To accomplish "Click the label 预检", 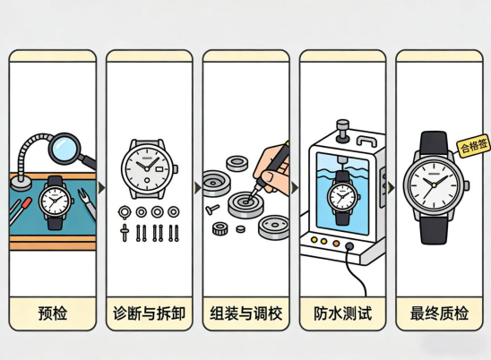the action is pyautogui.click(x=53, y=313).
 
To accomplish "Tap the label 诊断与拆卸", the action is pyautogui.click(x=149, y=313).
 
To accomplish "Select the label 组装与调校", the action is pyautogui.click(x=245, y=313).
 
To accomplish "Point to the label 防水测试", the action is pyautogui.click(x=342, y=313).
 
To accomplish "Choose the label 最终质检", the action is pyautogui.click(x=439, y=313).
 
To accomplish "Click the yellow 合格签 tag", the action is pyautogui.click(x=473, y=146).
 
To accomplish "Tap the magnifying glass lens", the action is pyautogui.click(x=65, y=147).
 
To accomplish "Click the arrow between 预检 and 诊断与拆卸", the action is pyautogui.click(x=101, y=188).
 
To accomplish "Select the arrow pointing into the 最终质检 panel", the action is pyautogui.click(x=391, y=188).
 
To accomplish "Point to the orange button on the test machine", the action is pyautogui.click(x=336, y=244).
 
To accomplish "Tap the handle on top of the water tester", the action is pyautogui.click(x=367, y=141).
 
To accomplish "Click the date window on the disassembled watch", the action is pyautogui.click(x=159, y=169).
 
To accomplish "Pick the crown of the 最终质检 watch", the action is pyautogui.click(x=467, y=185).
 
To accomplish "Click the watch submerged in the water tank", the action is pyautogui.click(x=343, y=198).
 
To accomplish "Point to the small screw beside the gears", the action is pyautogui.click(x=212, y=209).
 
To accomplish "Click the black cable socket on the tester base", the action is pyautogui.click(x=349, y=246).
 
